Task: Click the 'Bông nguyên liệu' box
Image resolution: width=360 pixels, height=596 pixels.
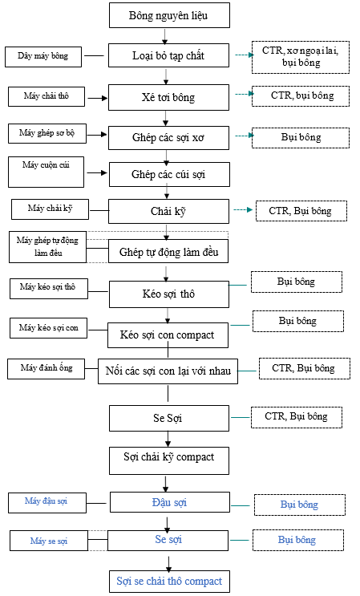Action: (169, 15)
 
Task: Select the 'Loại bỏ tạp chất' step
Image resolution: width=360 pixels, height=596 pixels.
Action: (168, 55)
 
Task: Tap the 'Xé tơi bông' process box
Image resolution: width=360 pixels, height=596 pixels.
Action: (168, 97)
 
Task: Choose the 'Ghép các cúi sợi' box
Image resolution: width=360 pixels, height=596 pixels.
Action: (169, 174)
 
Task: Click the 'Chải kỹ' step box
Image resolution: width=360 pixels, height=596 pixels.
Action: (168, 211)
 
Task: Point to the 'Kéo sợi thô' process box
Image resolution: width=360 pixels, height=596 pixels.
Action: (169, 294)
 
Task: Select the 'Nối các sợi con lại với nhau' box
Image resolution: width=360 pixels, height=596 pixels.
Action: (168, 371)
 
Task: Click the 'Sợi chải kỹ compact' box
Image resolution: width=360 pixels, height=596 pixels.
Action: (169, 460)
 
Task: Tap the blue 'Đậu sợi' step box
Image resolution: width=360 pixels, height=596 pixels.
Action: (170, 502)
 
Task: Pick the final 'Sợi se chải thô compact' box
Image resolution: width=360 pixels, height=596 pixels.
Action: (169, 582)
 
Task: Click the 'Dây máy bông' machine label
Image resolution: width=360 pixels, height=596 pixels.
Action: (43, 57)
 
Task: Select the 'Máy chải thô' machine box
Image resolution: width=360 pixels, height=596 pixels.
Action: (47, 96)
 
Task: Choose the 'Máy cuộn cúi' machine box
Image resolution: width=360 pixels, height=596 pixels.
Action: (46, 172)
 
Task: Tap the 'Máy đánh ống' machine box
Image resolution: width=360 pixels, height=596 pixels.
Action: (46, 368)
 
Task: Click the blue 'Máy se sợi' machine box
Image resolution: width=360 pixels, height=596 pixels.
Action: (49, 541)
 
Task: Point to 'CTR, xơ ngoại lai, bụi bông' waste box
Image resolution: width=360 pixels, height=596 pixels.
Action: (301, 58)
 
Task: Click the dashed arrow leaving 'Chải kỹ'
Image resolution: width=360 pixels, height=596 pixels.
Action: (243, 210)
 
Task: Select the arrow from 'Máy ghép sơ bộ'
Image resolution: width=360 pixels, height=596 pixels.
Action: (97, 134)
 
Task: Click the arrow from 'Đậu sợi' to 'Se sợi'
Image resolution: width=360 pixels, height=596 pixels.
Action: (167, 524)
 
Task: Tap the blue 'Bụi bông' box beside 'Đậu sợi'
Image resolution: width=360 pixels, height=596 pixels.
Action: (300, 505)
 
